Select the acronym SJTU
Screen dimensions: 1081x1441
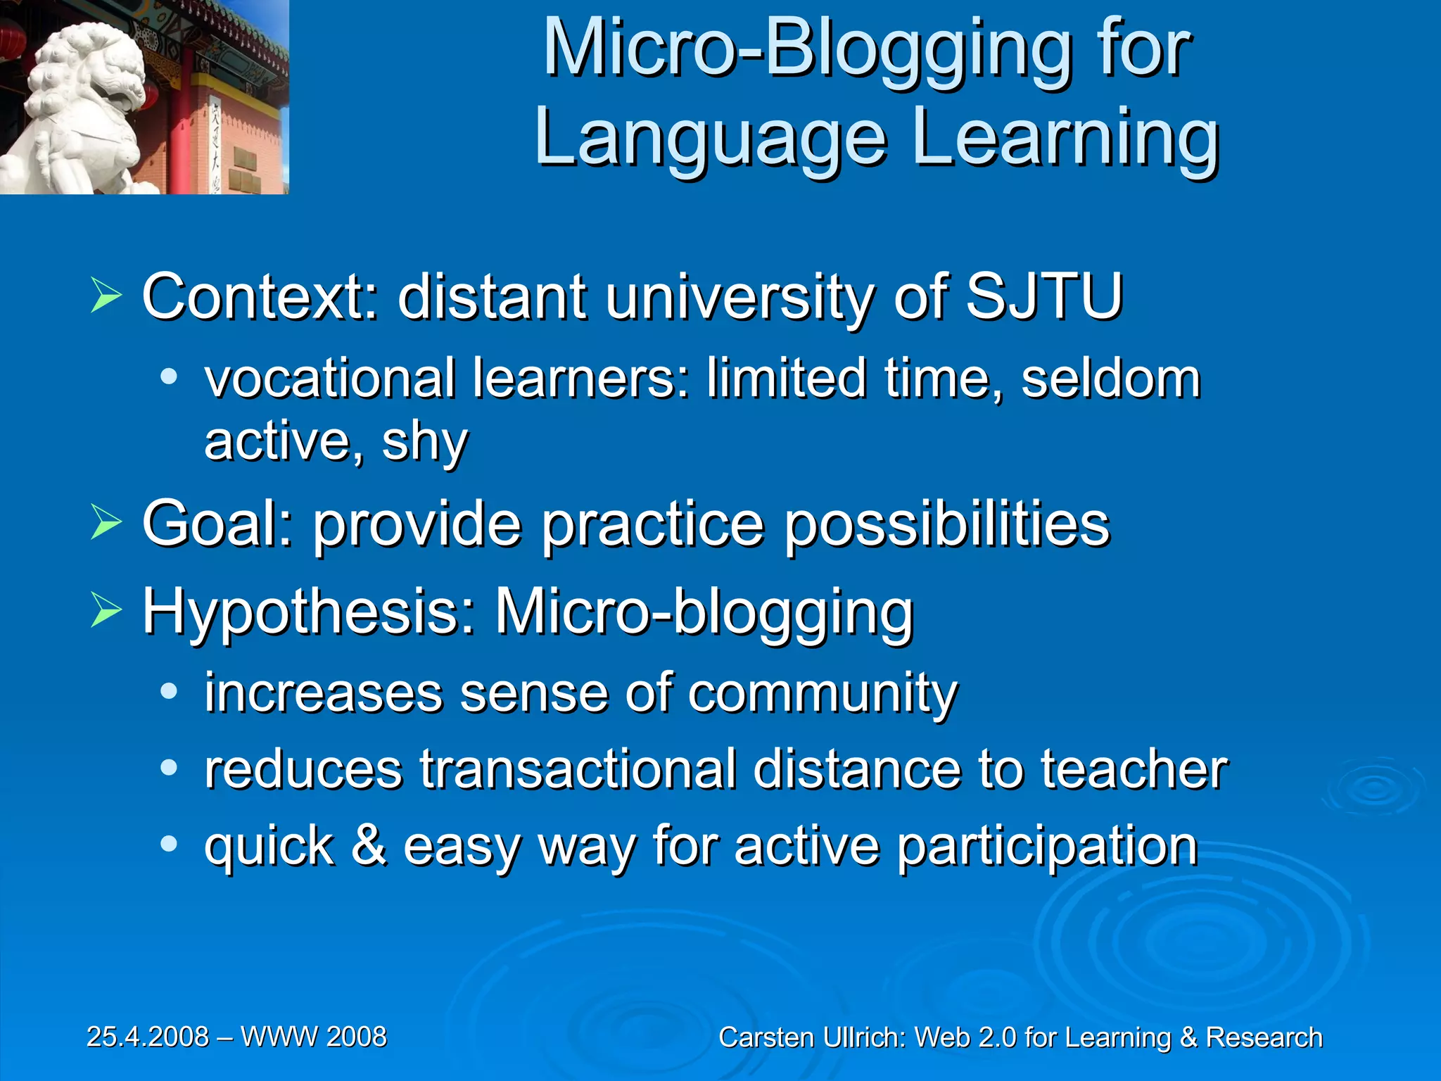click(1043, 296)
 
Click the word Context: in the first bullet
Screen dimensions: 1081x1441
click(260, 296)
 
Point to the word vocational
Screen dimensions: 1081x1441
click(329, 379)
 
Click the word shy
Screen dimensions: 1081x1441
click(424, 442)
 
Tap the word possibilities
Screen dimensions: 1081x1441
click(946, 525)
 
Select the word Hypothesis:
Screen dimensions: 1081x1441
click(310, 611)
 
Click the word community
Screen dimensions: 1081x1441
click(823, 694)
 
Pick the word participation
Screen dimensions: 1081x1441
click(1048, 847)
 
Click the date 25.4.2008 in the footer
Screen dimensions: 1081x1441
click(148, 1037)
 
